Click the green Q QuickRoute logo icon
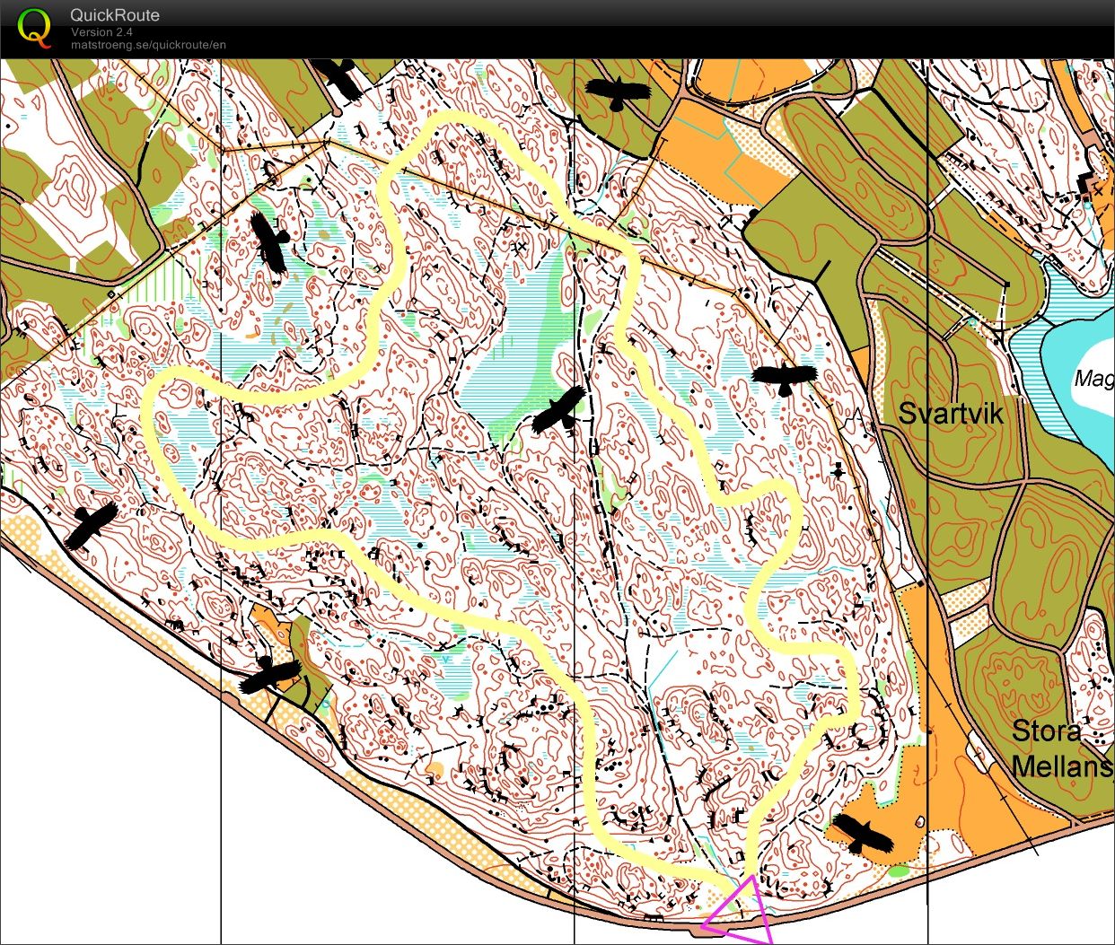click(34, 27)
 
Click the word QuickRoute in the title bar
click(115, 15)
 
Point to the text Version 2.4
click(103, 31)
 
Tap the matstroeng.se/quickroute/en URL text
click(148, 44)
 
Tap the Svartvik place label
click(951, 413)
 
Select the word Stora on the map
click(1046, 731)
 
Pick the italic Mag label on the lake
click(1093, 379)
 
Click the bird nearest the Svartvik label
click(785, 378)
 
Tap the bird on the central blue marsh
click(559, 411)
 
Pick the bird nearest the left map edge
click(91, 524)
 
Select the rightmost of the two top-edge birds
click(618, 91)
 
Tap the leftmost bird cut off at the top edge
click(339, 77)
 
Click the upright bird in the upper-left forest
click(269, 241)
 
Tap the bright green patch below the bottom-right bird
click(898, 871)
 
